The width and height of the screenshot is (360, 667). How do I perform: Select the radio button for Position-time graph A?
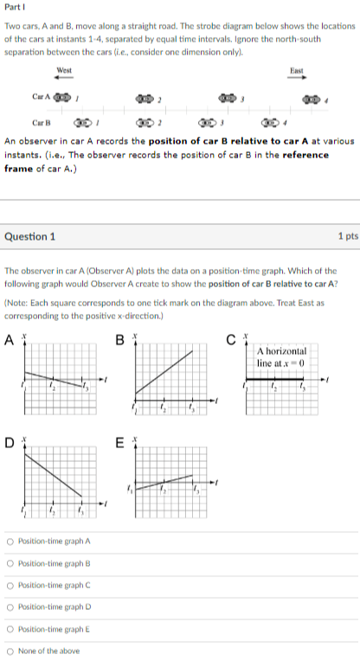tap(10, 542)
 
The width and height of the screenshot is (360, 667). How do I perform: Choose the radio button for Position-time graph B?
tap(10, 563)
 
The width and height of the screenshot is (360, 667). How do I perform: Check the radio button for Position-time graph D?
tap(10, 607)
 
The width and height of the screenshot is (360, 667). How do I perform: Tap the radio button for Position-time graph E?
tap(10, 629)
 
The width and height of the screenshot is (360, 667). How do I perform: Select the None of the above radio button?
tap(10, 651)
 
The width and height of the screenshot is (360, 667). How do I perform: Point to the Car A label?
tap(42, 97)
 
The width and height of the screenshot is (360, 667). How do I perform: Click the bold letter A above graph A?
tap(10, 337)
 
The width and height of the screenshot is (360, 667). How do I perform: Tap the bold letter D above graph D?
tap(10, 444)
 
